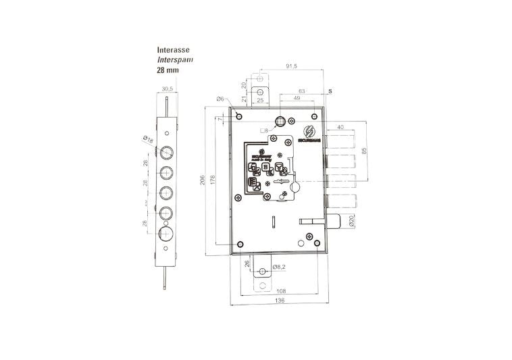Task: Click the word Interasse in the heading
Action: click(173, 50)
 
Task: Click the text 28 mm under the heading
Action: click(168, 70)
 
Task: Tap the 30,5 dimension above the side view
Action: click(168, 89)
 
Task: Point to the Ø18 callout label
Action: click(148, 140)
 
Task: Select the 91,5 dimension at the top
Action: click(292, 66)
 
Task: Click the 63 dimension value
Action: click(302, 91)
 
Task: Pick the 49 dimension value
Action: click(297, 99)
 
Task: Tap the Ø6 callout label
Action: click(220, 99)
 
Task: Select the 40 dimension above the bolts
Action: click(340, 126)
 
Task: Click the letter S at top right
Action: click(330, 91)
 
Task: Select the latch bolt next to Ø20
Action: click(333, 221)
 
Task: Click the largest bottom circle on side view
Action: click(166, 234)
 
